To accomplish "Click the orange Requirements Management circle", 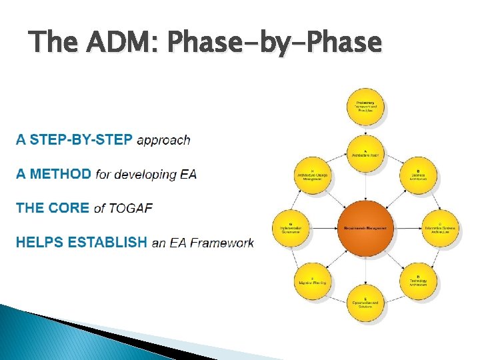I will click(365, 228).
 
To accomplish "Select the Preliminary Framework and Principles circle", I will click(365, 107).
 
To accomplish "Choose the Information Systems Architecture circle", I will click(441, 227).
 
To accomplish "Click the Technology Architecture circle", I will click(418, 281).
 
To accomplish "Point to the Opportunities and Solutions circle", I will click(365, 303).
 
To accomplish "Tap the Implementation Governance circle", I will click(291, 227).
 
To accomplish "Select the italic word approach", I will click(163, 140).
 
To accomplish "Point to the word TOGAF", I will click(131, 208).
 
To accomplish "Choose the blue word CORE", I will click(71, 208).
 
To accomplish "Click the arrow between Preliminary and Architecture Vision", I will click(365, 131).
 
